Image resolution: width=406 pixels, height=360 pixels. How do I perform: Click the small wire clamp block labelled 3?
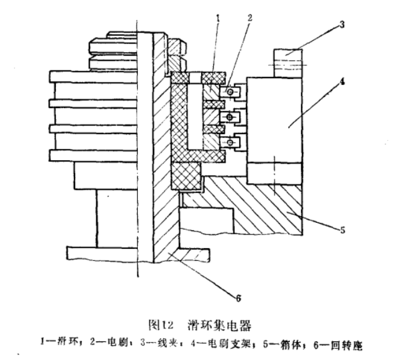287,63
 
